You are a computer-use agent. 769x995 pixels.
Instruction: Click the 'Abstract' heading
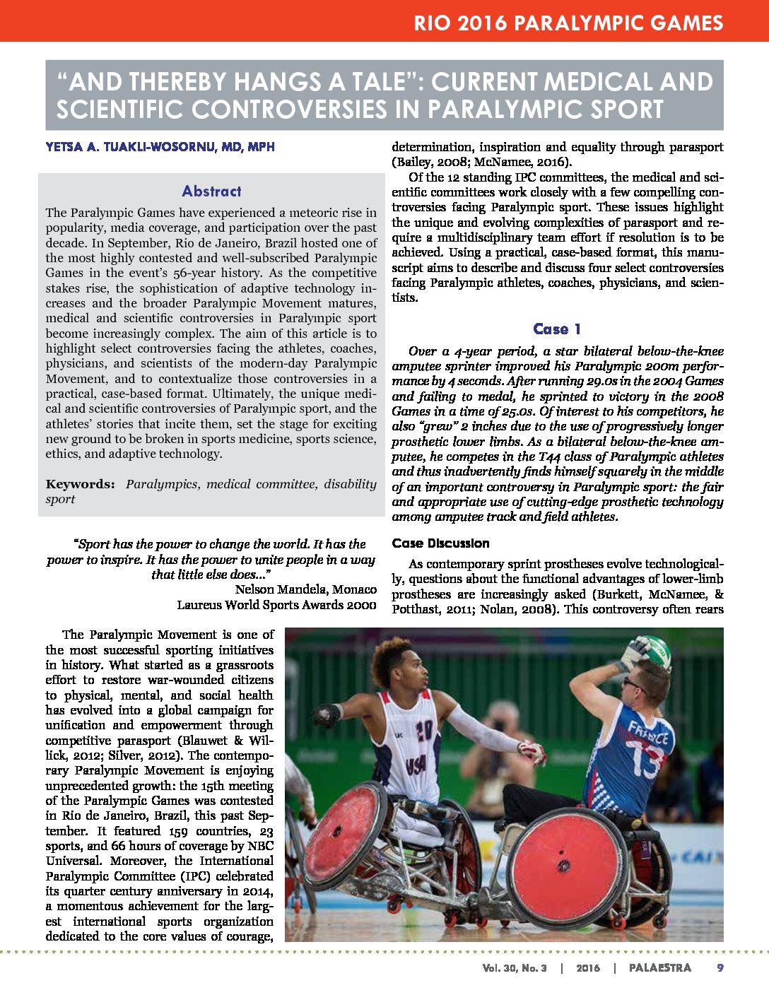coord(211,191)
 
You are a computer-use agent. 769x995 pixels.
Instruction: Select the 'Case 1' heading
coord(557,329)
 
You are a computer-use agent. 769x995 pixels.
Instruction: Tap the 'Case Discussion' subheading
coord(440,543)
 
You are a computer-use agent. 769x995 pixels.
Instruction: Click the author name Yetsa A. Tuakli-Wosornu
coord(160,147)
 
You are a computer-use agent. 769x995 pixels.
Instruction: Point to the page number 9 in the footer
coord(720,967)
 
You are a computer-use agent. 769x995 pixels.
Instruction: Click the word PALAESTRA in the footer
coord(660,967)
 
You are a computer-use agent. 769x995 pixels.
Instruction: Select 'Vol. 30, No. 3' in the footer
coord(514,967)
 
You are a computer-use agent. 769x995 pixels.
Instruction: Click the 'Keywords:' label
coord(80,484)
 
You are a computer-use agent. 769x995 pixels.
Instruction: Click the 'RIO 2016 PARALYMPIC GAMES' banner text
coord(568,23)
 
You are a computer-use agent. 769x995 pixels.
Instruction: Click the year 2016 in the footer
coord(587,967)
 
